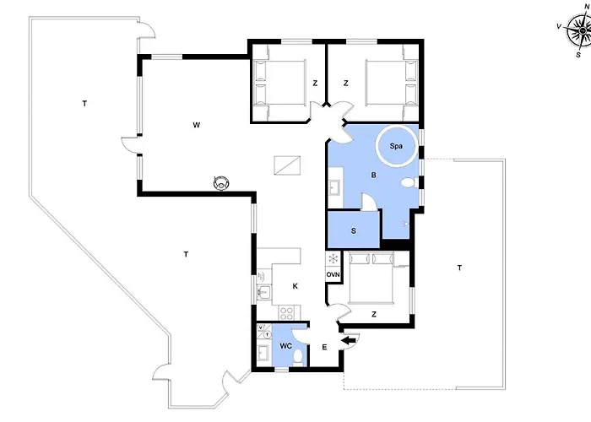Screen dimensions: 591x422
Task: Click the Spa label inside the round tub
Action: tap(396, 146)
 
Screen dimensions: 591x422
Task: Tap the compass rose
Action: tap(578, 30)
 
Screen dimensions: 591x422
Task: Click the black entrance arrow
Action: tap(349, 341)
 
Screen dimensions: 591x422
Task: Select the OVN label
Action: tap(333, 274)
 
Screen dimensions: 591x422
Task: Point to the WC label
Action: tap(285, 346)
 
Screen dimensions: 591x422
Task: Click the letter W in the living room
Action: tap(197, 125)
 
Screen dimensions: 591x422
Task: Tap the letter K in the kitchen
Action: tap(295, 286)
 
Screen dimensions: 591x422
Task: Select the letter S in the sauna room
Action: tap(354, 231)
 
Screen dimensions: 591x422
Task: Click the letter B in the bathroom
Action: tap(373, 176)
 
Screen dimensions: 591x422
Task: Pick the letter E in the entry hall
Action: tap(324, 348)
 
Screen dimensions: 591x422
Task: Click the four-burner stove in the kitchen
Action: tap(287, 313)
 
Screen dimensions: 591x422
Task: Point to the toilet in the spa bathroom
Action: tap(409, 183)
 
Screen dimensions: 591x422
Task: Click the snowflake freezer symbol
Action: tap(333, 259)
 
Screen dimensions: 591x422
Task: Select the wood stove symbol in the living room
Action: tap(221, 183)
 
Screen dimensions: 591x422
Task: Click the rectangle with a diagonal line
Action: tap(287, 165)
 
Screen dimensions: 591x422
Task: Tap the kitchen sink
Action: tap(264, 291)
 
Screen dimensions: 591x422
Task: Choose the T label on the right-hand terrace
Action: tap(459, 268)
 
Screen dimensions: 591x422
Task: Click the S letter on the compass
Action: tap(578, 55)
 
